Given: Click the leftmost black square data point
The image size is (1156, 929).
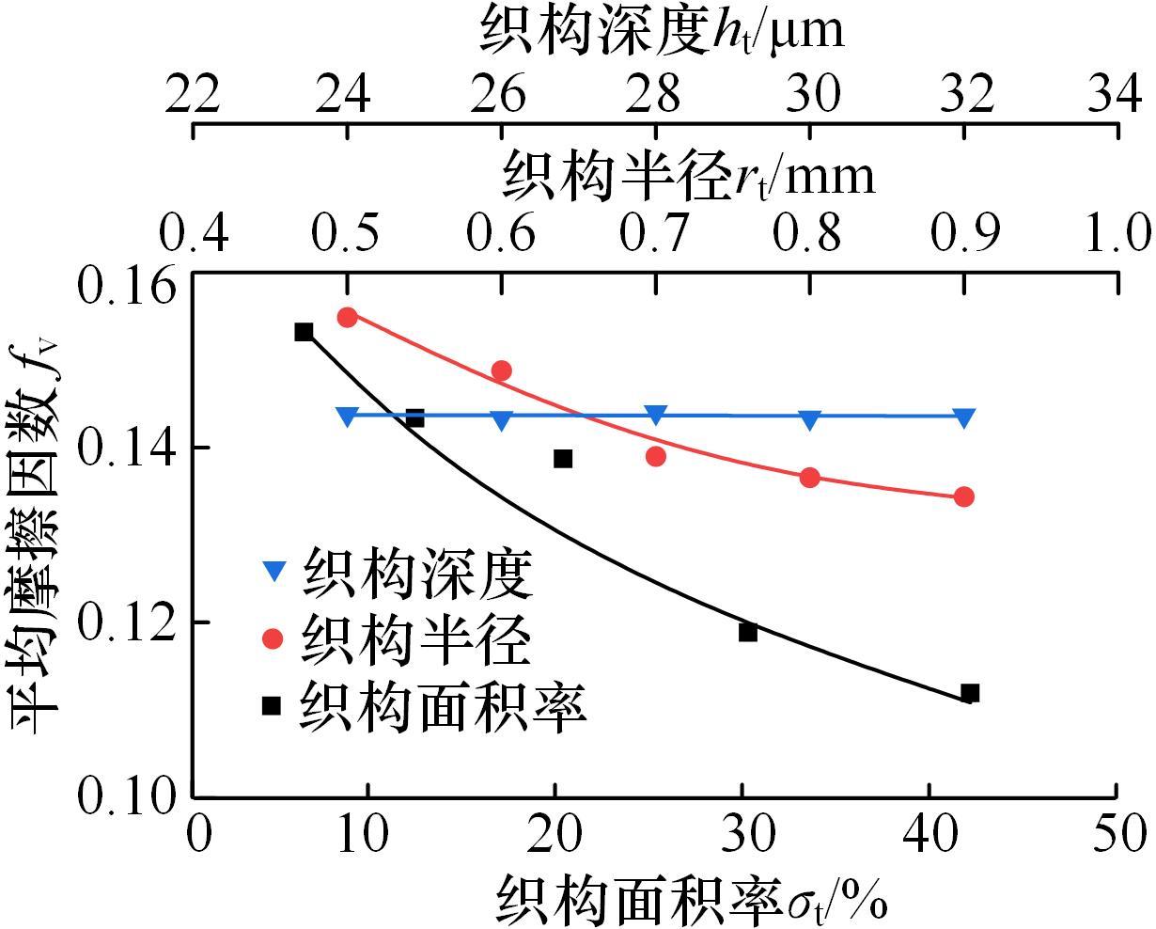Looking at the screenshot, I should click(304, 332).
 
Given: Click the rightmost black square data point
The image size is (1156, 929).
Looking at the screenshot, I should click(971, 693).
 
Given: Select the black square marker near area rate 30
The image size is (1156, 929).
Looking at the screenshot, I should click(748, 632).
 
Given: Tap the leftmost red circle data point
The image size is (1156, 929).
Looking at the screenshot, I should click(348, 317).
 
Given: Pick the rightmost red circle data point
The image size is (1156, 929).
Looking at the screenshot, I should click(964, 496).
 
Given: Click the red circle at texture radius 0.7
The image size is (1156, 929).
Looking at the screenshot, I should click(656, 456).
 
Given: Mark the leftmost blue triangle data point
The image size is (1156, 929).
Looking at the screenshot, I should click(348, 416).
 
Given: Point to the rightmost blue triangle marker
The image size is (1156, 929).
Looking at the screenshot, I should click(964, 417).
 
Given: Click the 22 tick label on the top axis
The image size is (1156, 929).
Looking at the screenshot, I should click(193, 94).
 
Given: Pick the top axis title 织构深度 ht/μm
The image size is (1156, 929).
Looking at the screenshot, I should click(662, 30).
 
